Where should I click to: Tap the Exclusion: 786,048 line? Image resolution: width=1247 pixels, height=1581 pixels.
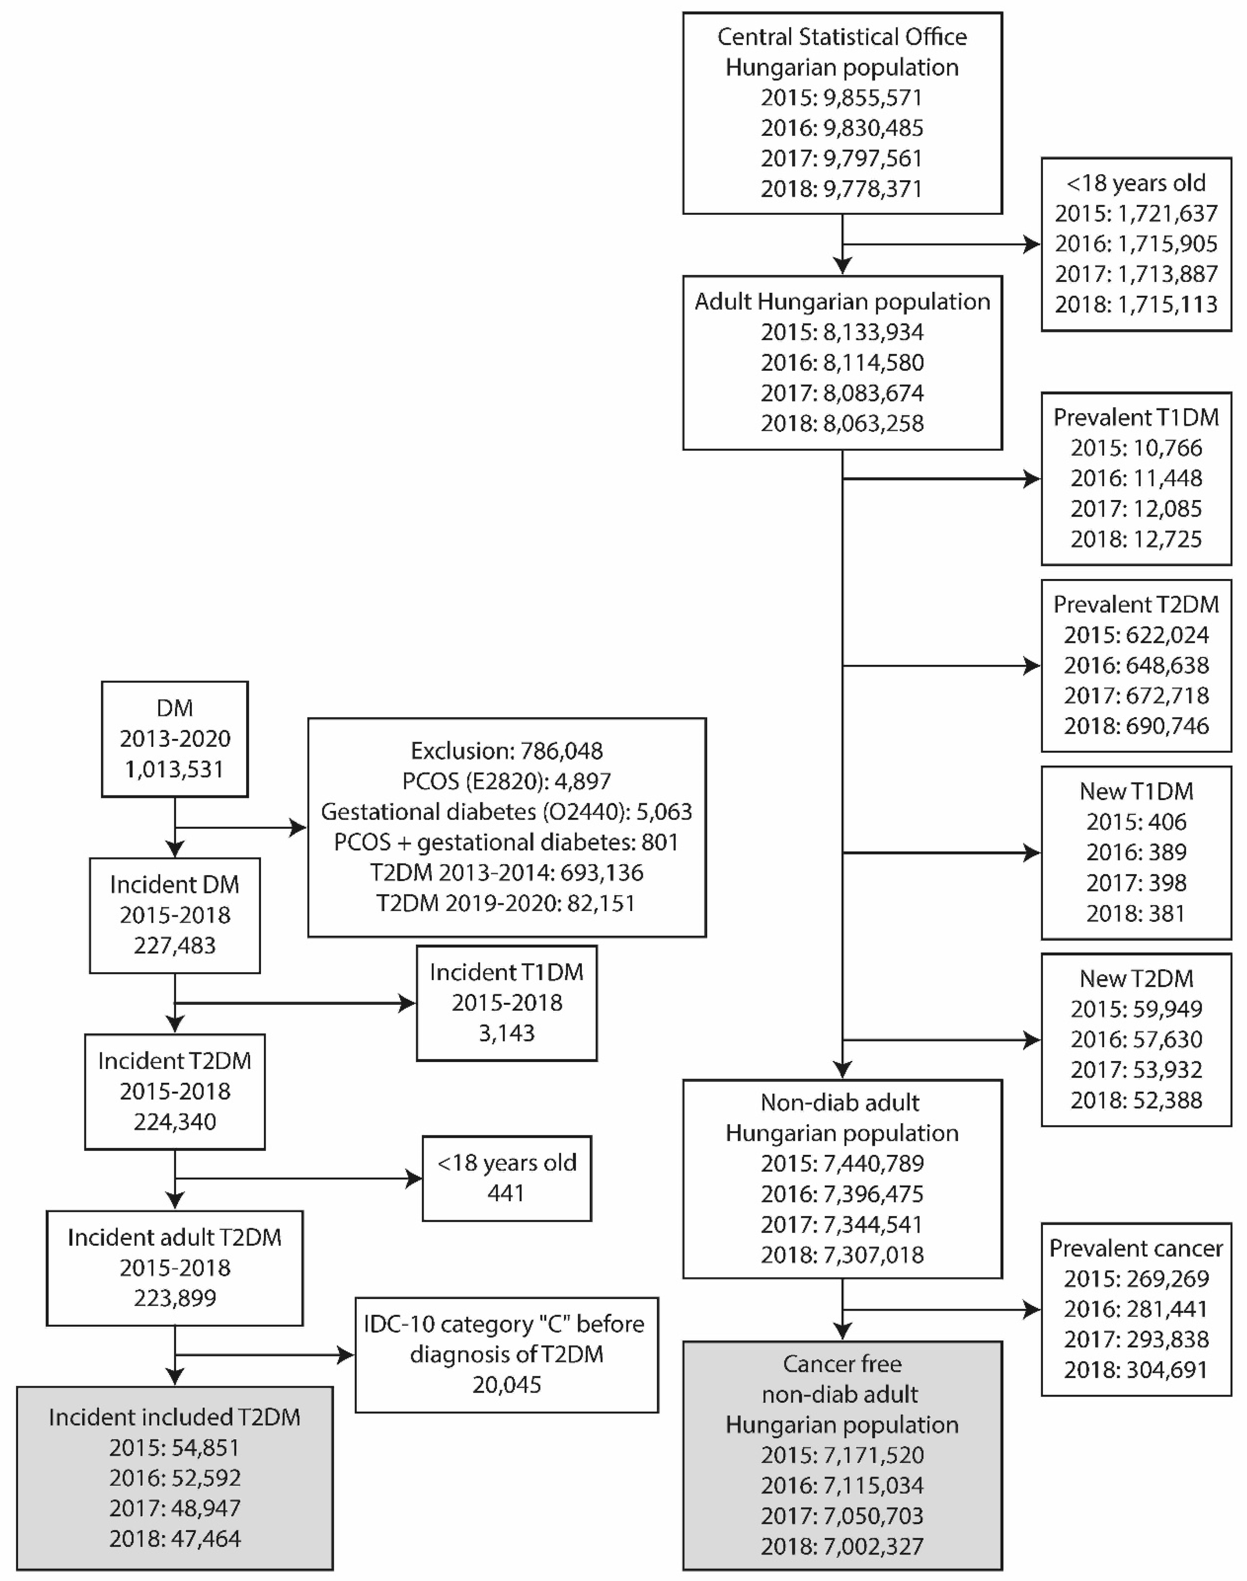click(507, 750)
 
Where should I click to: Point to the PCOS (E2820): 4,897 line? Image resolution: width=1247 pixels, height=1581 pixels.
click(507, 781)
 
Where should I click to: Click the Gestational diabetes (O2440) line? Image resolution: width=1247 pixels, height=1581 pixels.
click(507, 812)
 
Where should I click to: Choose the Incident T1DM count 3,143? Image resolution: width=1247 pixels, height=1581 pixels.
click(507, 1033)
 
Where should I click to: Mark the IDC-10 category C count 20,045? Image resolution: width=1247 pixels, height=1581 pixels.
click(507, 1385)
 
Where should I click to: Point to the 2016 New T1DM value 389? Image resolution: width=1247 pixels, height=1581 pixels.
click(1136, 852)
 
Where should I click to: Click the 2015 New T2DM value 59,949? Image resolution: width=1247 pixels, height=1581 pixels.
click(1136, 1009)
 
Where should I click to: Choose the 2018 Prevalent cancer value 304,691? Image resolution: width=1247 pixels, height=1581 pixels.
click(1136, 1369)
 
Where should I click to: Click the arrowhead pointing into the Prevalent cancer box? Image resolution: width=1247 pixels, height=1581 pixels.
click(1032, 1310)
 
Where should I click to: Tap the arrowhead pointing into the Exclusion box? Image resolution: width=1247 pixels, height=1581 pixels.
click(299, 828)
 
